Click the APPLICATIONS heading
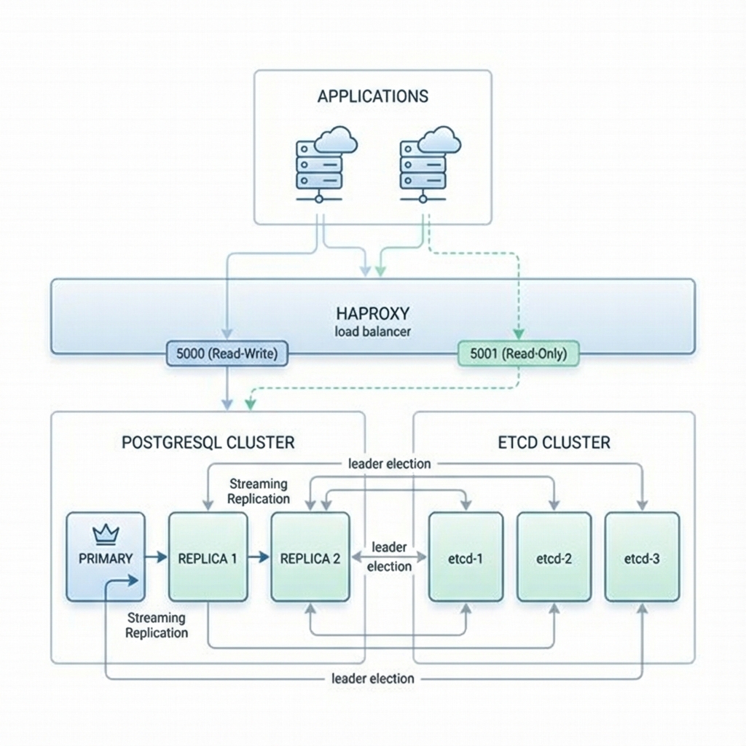tap(373, 96)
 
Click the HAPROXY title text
tap(373, 313)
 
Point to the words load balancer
tap(373, 331)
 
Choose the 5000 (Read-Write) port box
tap(227, 354)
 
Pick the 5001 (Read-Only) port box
tap(517, 354)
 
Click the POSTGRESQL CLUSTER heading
tap(208, 442)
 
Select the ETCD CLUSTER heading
tap(554, 442)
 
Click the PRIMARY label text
tap(106, 559)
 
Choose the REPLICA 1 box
tap(208, 557)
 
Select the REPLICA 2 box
tap(310, 557)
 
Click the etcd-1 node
tap(466, 557)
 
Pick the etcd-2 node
tap(554, 557)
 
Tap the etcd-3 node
tap(642, 557)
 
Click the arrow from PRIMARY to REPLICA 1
tap(156, 558)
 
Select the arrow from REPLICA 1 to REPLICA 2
tap(259, 558)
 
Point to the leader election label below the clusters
tap(372, 678)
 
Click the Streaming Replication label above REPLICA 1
tap(258, 491)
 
